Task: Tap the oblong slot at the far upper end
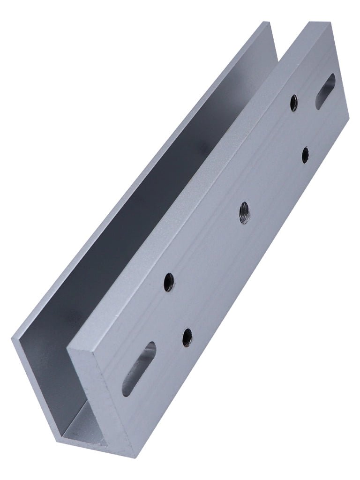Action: (x=325, y=91)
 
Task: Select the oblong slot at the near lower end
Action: (x=139, y=368)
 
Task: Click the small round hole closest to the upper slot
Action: (x=294, y=103)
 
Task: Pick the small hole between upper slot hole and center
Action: (x=305, y=155)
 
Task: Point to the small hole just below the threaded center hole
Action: (x=169, y=282)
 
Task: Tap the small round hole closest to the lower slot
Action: (x=187, y=337)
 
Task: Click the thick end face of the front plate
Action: (x=101, y=398)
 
